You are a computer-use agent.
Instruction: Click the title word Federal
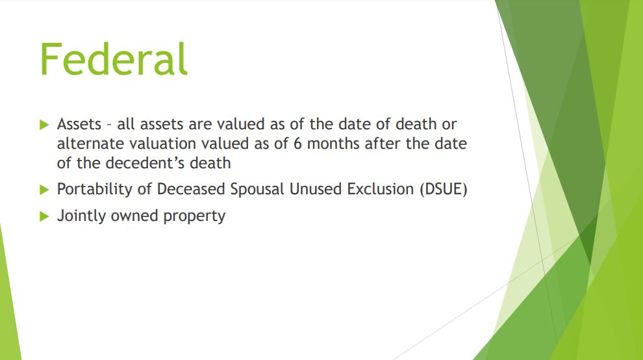[114, 59]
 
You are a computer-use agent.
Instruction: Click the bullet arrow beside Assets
[44, 125]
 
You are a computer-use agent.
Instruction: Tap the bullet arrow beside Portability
[44, 190]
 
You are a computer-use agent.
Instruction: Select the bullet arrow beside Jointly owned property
[44, 216]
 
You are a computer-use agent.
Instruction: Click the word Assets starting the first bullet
[79, 124]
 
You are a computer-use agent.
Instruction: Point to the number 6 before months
[297, 144]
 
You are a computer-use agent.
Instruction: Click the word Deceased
[191, 189]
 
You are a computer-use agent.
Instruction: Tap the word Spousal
[257, 189]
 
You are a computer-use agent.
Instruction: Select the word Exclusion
[380, 189]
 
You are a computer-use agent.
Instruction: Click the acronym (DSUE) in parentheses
[444, 189]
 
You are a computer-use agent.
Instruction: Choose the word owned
[134, 216]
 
